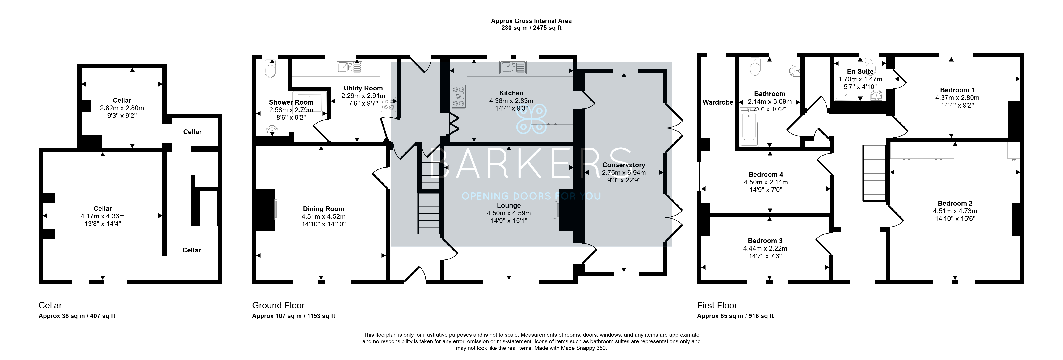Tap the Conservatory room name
click(x=624, y=165)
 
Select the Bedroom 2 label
click(x=955, y=203)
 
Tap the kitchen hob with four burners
click(x=458, y=97)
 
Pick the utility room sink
click(x=349, y=67)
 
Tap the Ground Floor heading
click(x=278, y=306)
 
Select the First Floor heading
click(x=717, y=306)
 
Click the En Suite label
click(x=860, y=71)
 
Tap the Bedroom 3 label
click(x=765, y=241)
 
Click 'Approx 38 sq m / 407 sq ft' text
click(x=77, y=316)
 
